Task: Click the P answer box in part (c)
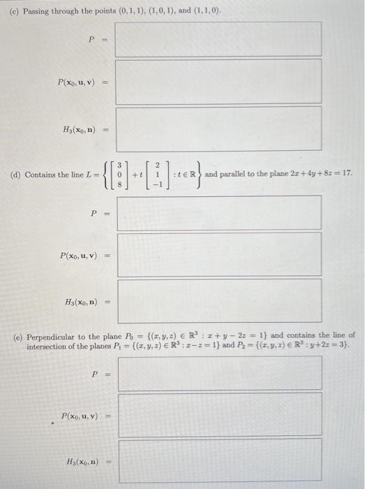(x=218, y=38)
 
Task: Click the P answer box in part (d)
(x=218, y=212)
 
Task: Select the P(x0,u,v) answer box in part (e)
(x=218, y=414)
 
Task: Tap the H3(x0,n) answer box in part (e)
(x=218, y=461)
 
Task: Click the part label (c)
(x=12, y=7)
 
